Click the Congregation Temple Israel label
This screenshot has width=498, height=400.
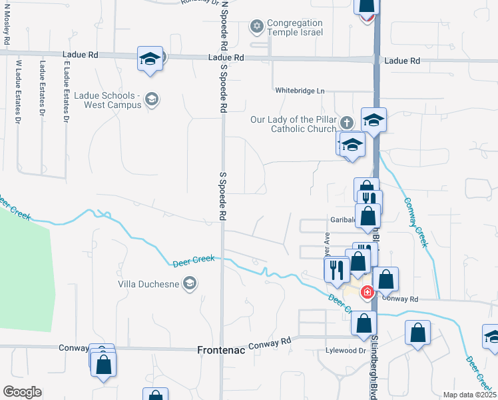[x=295, y=27]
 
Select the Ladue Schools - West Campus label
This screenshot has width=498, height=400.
[x=109, y=100]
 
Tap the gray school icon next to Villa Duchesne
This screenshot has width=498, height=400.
[x=190, y=284]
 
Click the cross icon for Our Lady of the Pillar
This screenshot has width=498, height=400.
[x=346, y=123]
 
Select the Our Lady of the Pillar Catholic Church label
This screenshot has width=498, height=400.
[x=294, y=124]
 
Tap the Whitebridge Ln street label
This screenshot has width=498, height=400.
[x=300, y=90]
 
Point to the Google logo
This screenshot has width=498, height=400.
[x=22, y=392]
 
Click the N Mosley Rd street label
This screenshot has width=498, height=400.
[x=7, y=23]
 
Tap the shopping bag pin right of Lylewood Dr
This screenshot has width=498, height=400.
[x=417, y=333]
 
